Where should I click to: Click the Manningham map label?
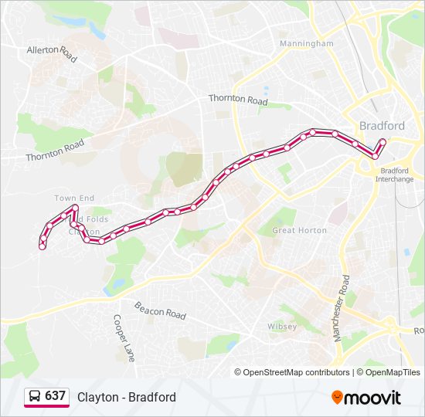pos(307,44)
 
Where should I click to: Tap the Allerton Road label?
pos(53,53)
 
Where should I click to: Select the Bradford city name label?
pos(382,126)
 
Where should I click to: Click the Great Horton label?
pos(300,230)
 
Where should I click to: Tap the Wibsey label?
pos(282,327)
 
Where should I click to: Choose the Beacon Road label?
pos(160,310)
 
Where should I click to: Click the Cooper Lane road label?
pos(124,337)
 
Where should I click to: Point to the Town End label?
pos(74,198)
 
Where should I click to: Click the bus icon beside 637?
pos(34,396)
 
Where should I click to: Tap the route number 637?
pos(55,396)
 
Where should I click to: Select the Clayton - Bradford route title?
pos(127,397)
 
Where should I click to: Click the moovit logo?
pos(366,397)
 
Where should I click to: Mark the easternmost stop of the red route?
pos(382,141)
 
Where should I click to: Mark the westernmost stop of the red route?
pos(42,246)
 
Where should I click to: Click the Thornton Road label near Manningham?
pos(238,100)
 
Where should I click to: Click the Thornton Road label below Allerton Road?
pos(54,151)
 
